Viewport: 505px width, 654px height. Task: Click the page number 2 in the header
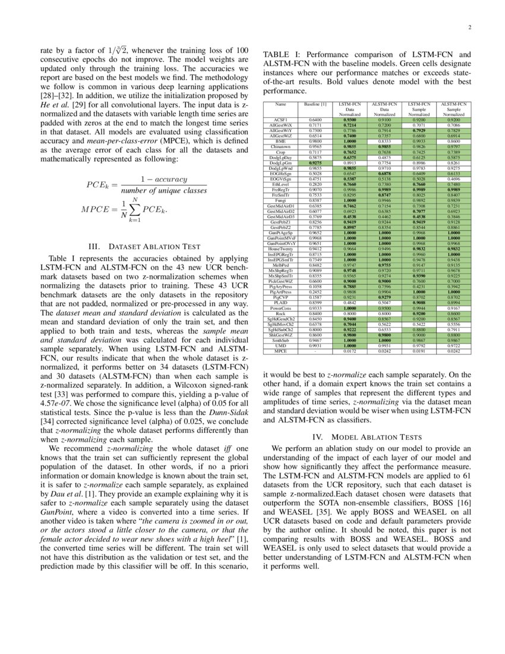[x=469, y=27]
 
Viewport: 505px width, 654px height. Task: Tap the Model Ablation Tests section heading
[x=366, y=436]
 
